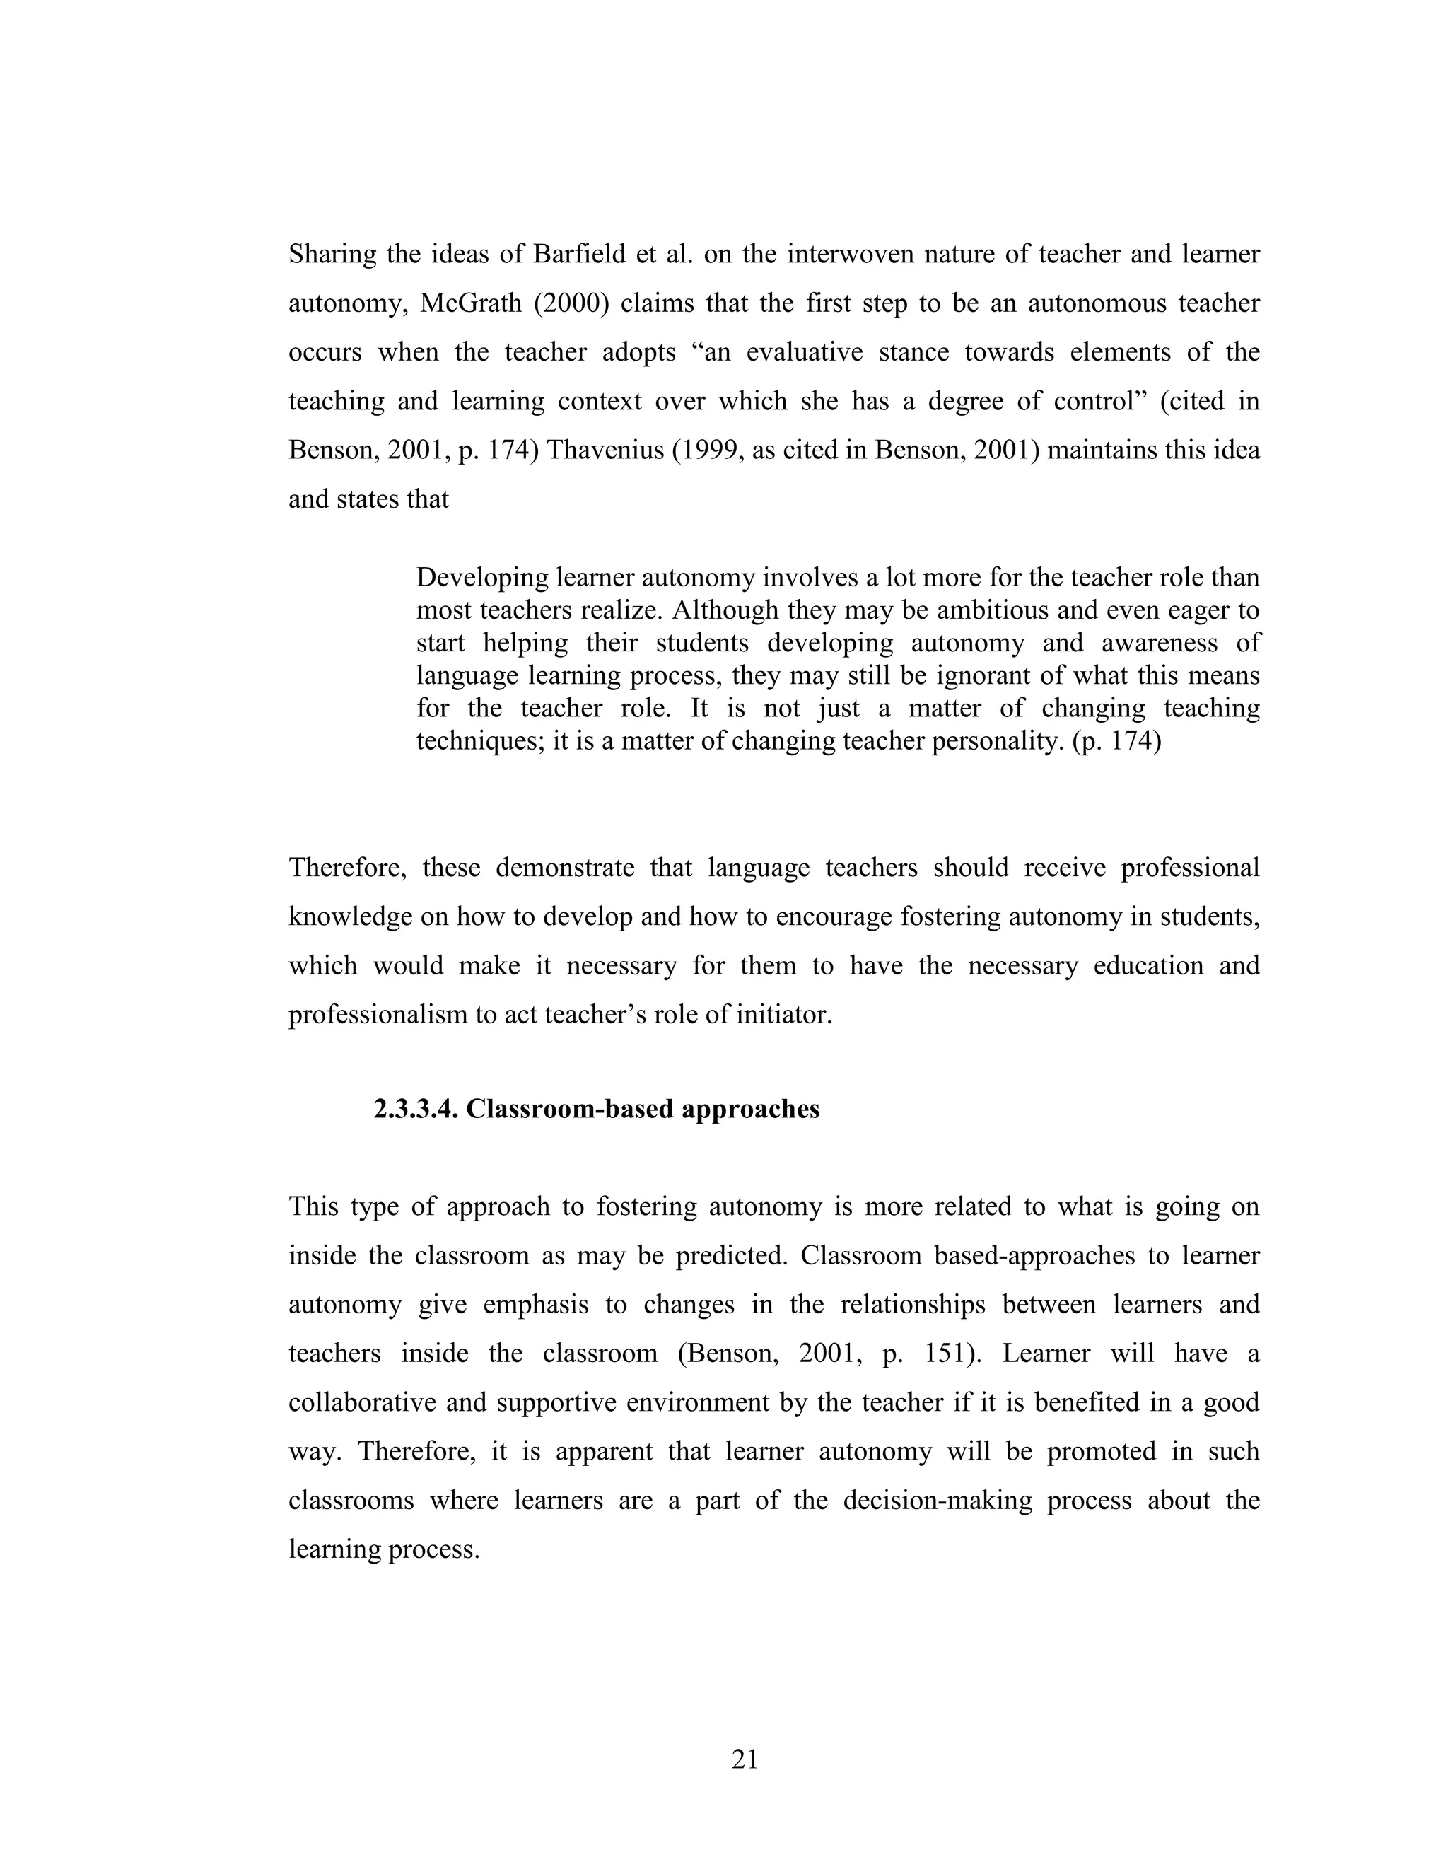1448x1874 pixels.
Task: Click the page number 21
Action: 745,1760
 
